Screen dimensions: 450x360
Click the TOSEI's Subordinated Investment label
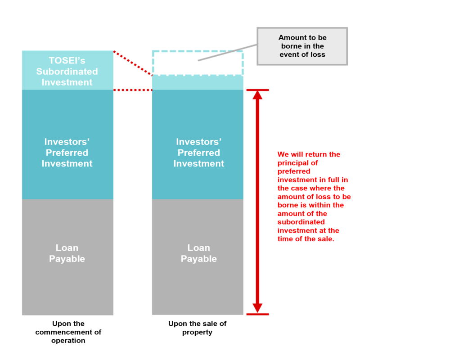pyautogui.click(x=67, y=71)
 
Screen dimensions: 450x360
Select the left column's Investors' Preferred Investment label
pyautogui.click(x=67, y=153)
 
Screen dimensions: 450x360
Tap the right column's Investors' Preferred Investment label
pyautogui.click(x=198, y=153)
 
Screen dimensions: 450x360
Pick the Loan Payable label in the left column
pyautogui.click(x=67, y=253)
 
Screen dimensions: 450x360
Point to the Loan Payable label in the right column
pyautogui.click(x=198, y=253)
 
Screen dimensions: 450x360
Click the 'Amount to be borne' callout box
pyautogui.click(x=302, y=46)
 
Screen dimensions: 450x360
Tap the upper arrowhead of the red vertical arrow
pyautogui.click(x=257, y=95)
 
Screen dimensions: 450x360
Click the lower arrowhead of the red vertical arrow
pyautogui.click(x=257, y=308)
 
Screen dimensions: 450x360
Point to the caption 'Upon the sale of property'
pyautogui.click(x=198, y=328)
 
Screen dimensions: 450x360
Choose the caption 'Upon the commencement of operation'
pyautogui.click(x=68, y=332)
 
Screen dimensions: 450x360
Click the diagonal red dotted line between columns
pyautogui.click(x=133, y=63)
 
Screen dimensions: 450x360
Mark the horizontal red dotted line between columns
pyautogui.click(x=133, y=90)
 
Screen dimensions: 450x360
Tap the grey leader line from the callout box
pyautogui.click(x=227, y=53)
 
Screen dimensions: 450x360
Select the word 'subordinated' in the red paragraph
pyautogui.click(x=301, y=222)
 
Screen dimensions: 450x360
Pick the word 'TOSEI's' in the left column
pyautogui.click(x=67, y=61)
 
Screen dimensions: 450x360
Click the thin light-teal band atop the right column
pyautogui.click(x=198, y=83)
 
